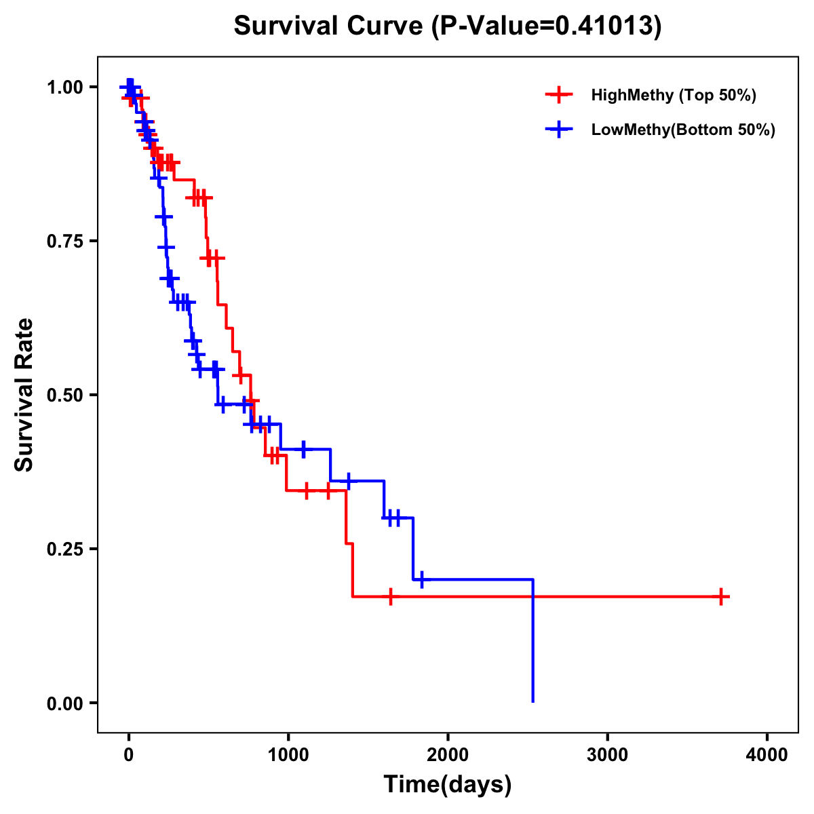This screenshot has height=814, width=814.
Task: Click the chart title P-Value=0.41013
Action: tap(447, 26)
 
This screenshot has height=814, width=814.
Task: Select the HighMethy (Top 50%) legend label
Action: tap(674, 95)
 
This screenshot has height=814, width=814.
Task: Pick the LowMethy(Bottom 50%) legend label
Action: tap(683, 130)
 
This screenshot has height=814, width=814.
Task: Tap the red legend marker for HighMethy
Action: tap(559, 95)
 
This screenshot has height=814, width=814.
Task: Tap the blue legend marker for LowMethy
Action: tap(559, 130)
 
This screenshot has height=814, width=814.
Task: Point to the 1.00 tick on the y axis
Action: tap(65, 88)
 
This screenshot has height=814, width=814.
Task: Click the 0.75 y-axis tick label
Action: tap(65, 241)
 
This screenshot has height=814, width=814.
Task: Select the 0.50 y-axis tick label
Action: tap(65, 395)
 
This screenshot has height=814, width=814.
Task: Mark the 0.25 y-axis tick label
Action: tap(65, 549)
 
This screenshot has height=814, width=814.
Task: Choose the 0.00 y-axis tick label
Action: tap(65, 703)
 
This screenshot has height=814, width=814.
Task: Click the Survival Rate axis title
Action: tap(24, 395)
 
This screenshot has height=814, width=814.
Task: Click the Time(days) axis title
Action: tap(448, 785)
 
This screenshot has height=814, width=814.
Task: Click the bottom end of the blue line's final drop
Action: tap(533, 701)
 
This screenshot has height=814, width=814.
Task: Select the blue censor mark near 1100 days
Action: tap(303, 449)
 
